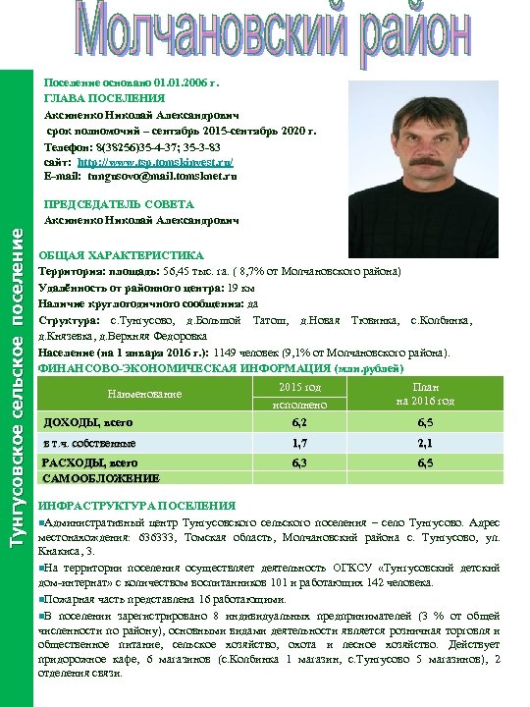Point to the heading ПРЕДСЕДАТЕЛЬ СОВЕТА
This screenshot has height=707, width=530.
pos(119,204)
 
